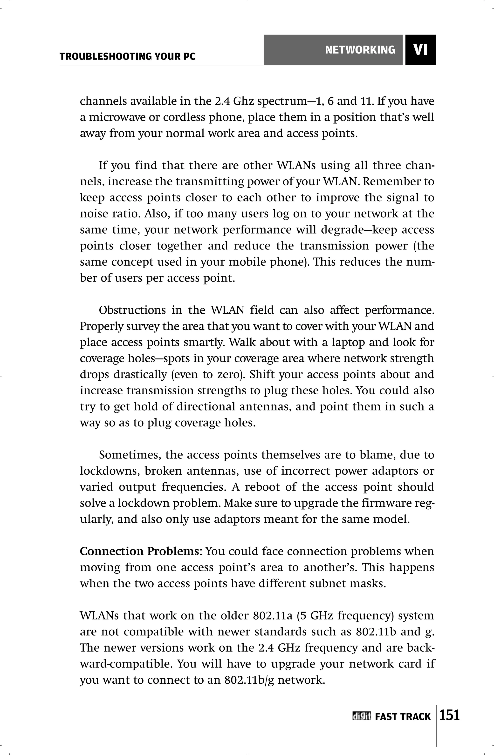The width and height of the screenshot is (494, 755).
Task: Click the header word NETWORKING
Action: [x=360, y=50]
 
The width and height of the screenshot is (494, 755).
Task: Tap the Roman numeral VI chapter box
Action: [x=420, y=50]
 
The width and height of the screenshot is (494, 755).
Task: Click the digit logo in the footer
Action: [x=361, y=717]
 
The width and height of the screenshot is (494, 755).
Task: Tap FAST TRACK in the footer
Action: [x=403, y=717]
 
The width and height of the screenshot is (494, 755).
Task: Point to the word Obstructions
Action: [x=132, y=310]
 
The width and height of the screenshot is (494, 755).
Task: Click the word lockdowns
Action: [x=110, y=471]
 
